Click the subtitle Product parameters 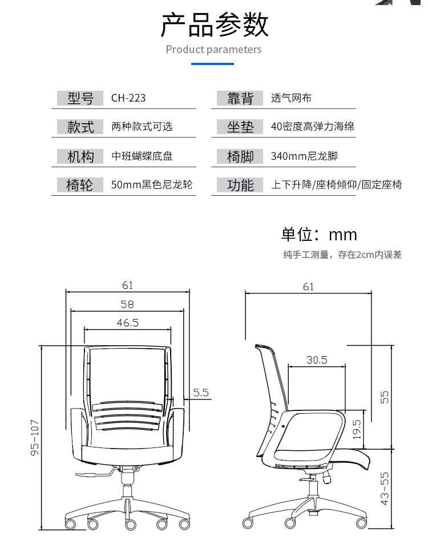click(x=213, y=50)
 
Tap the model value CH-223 click(x=128, y=98)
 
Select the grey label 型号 click(x=80, y=98)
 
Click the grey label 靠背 click(x=240, y=98)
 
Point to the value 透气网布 click(x=291, y=98)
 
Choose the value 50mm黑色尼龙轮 click(x=152, y=185)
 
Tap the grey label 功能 click(x=240, y=185)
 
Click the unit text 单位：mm click(x=319, y=235)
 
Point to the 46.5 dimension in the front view click(x=128, y=323)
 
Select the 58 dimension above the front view click(x=127, y=304)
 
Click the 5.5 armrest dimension click(x=201, y=393)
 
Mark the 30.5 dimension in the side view click(x=317, y=360)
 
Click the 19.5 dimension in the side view click(x=357, y=429)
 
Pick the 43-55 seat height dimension click(x=385, y=488)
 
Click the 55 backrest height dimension click(x=385, y=397)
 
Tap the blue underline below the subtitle click(x=212, y=64)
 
